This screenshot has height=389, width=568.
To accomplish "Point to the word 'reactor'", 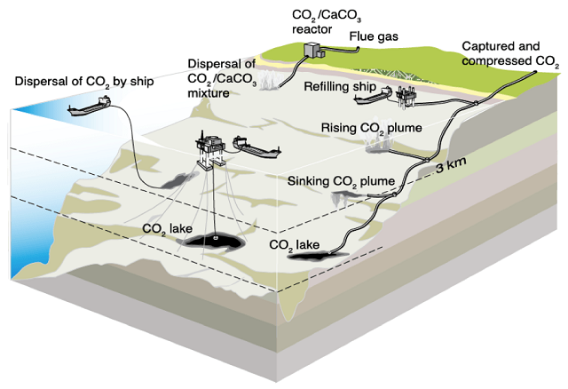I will (x=314, y=28).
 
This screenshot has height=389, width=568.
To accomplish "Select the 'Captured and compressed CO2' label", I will (x=510, y=53).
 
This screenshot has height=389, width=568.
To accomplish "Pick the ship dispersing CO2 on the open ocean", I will (x=91, y=107).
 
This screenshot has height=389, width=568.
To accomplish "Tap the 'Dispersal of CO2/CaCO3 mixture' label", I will (x=221, y=78).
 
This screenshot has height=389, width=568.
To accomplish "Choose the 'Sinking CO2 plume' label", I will (x=341, y=181).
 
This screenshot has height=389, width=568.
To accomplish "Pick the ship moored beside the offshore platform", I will (x=255, y=147).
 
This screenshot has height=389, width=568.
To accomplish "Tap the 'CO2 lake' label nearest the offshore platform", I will (x=167, y=228).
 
